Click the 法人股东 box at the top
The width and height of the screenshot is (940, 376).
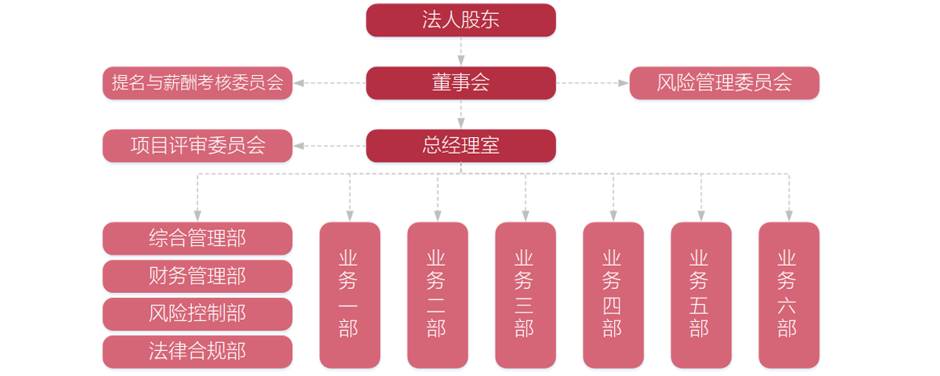pos(461,20)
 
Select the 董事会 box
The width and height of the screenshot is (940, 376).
pos(461,83)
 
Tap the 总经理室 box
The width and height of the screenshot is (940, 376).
pos(461,146)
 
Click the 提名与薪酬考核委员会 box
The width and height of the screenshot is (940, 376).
pos(197,83)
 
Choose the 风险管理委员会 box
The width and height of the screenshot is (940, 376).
pos(725,83)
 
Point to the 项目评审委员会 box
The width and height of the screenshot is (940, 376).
pos(197,146)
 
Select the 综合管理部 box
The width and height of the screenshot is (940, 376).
pos(197,238)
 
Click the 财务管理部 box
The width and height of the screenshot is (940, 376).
pos(197,276)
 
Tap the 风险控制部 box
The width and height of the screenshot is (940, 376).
pos(197,313)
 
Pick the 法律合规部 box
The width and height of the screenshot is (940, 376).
pos(197,352)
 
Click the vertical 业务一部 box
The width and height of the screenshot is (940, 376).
pos(349,295)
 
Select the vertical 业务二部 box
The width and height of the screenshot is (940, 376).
pos(437,295)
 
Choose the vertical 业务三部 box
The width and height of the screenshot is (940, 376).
pos(525,295)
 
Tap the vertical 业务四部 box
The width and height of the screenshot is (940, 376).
pos(613,295)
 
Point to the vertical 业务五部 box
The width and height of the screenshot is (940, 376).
pos(701,295)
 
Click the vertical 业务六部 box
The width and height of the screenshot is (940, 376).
pos(789,295)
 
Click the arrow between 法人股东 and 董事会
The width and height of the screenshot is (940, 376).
pos(461,52)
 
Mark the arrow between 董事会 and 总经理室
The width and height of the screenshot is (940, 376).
pos(461,114)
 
